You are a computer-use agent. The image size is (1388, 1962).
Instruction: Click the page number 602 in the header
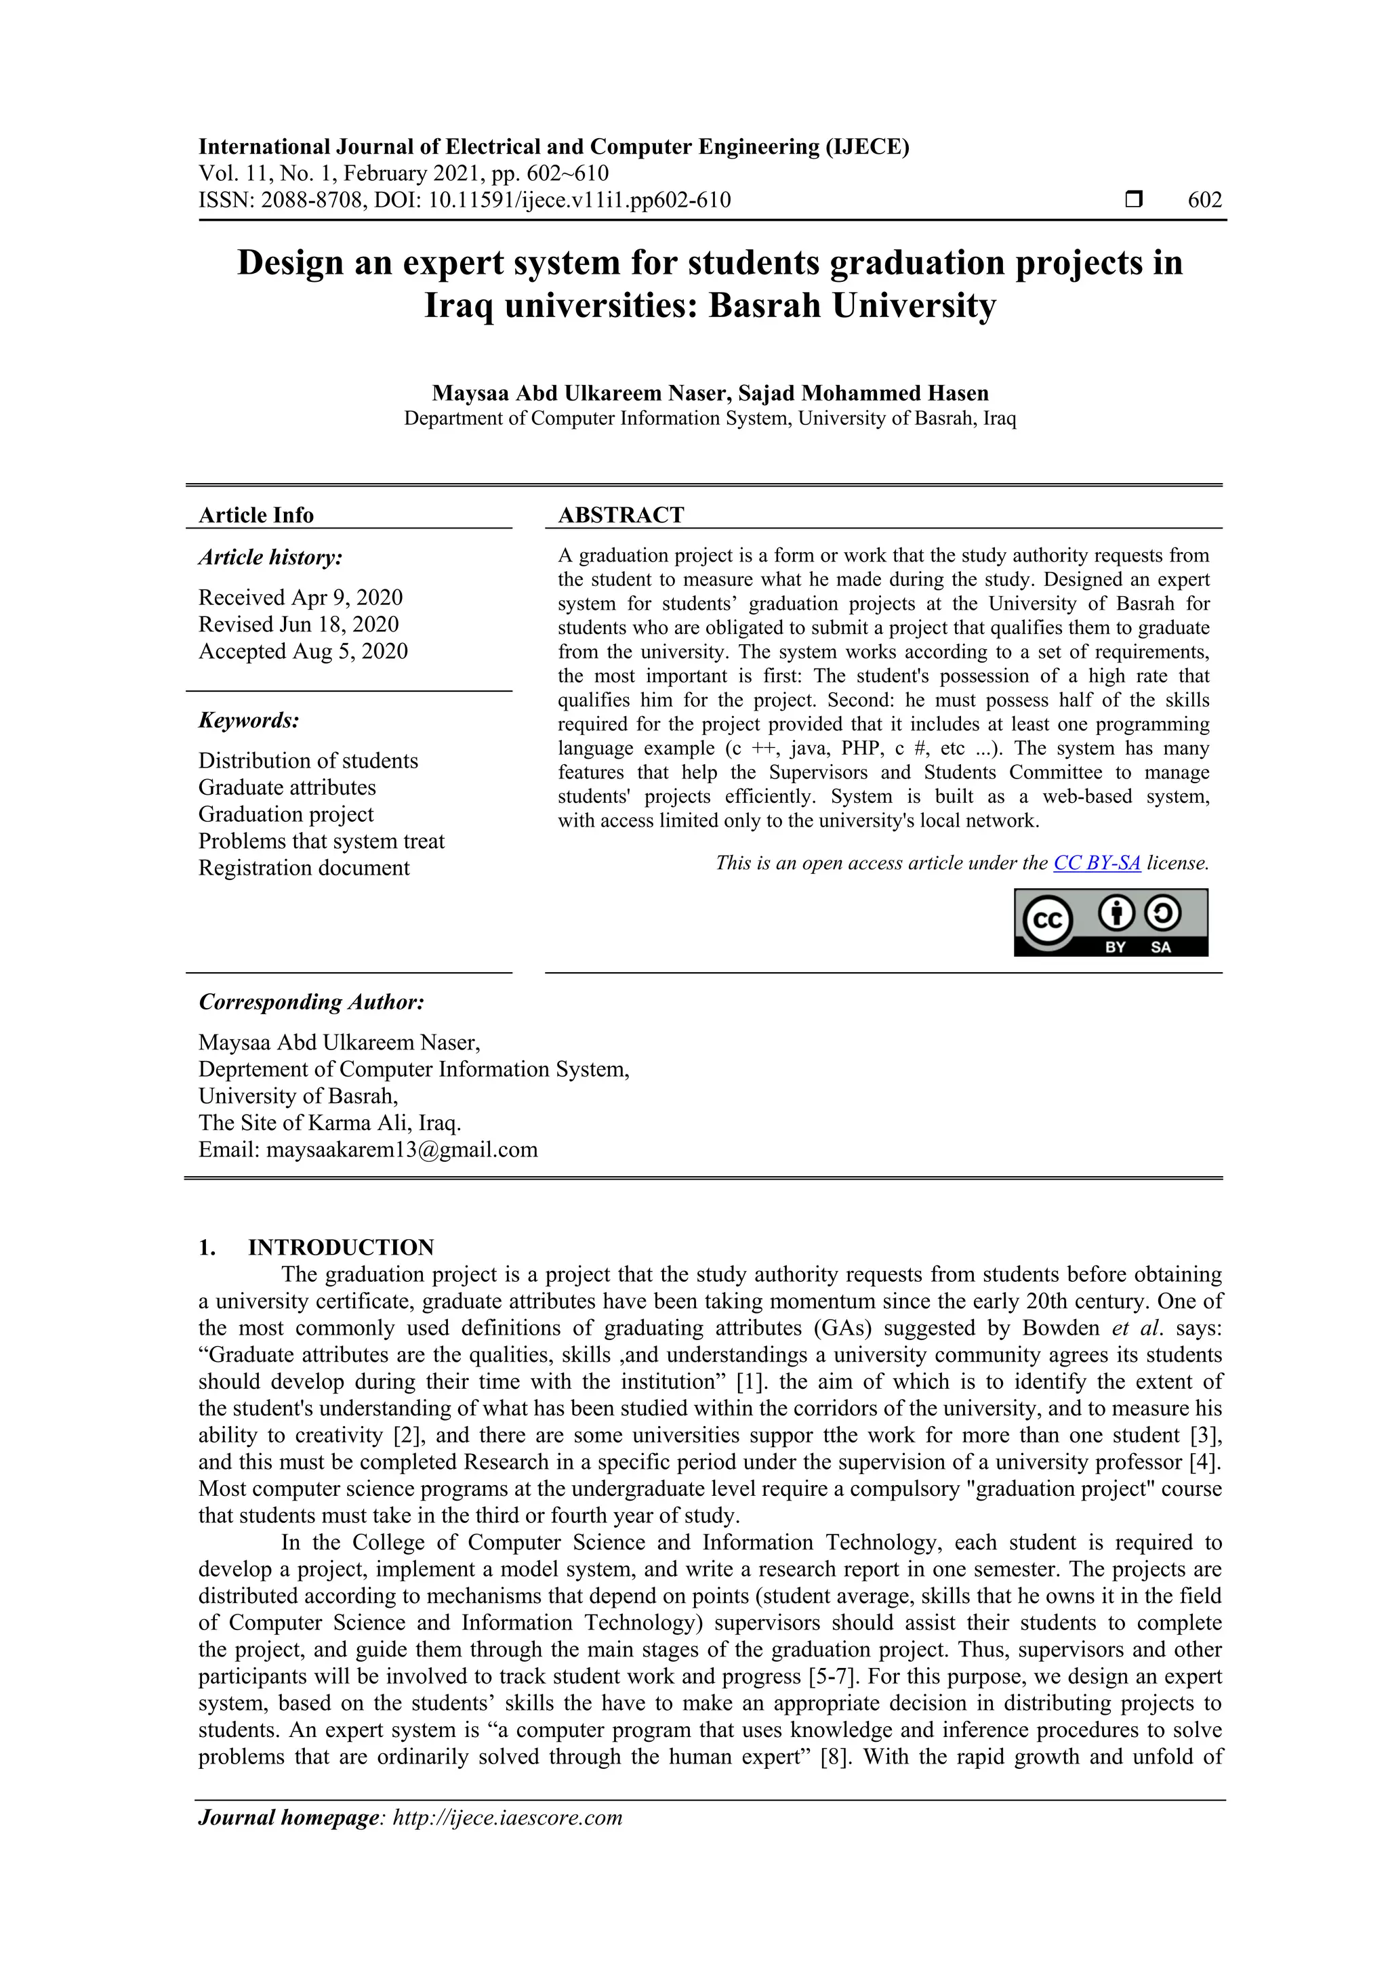tap(1204, 200)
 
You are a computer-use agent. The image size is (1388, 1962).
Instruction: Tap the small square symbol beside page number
tap(1133, 200)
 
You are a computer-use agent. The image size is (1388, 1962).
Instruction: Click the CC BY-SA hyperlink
tap(1097, 863)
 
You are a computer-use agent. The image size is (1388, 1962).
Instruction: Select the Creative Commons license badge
tap(1110, 922)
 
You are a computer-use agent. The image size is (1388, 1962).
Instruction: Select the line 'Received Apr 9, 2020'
tap(300, 598)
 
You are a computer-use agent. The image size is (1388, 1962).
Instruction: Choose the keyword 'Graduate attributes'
tap(287, 787)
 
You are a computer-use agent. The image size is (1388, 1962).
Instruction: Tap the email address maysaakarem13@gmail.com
tap(402, 1149)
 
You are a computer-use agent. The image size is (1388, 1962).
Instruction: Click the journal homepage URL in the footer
tap(507, 1818)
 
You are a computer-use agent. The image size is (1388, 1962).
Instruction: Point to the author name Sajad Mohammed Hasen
tap(863, 393)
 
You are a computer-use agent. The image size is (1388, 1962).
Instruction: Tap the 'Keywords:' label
tap(249, 720)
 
